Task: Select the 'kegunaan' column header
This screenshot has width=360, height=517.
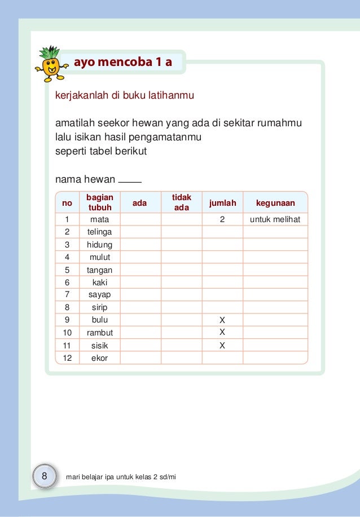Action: click(x=275, y=202)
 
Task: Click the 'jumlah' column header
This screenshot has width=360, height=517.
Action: click(x=222, y=202)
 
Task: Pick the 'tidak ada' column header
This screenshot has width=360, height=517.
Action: click(x=181, y=202)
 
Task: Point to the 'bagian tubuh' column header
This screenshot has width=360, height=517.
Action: click(x=99, y=202)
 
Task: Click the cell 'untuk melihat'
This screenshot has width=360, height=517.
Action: click(x=275, y=219)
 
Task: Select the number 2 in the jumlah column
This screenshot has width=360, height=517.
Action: click(x=222, y=219)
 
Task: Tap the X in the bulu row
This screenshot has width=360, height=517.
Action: click(x=222, y=320)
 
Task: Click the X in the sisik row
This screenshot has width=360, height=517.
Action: click(x=222, y=345)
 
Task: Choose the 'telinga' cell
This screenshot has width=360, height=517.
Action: click(x=99, y=232)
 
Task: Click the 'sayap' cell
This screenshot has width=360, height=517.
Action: click(x=99, y=295)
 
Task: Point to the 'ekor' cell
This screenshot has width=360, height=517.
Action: click(x=99, y=357)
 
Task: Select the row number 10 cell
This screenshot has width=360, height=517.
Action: click(x=67, y=332)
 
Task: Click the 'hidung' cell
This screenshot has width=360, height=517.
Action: click(x=99, y=245)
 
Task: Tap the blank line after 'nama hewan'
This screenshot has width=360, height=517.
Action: click(x=130, y=182)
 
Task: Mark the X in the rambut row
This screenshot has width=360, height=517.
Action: click(x=222, y=331)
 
